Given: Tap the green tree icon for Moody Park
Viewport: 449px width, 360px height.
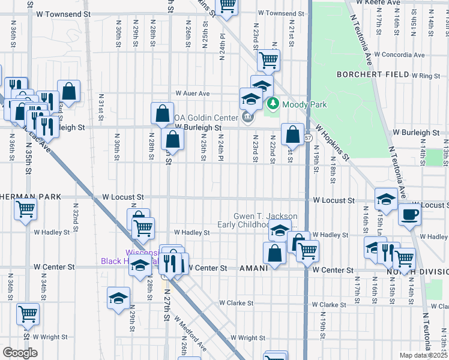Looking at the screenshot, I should pyautogui.click(x=273, y=104).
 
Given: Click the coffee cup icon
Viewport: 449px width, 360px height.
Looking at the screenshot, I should pyautogui.click(x=409, y=214).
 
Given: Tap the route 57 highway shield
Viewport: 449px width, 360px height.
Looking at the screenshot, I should pyautogui.click(x=307, y=137).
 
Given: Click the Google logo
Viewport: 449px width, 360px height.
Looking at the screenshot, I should pyautogui.click(x=20, y=353).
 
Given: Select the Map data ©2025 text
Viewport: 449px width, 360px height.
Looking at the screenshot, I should pyautogui.click(x=424, y=355).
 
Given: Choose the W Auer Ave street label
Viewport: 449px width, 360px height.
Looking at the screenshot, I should pyautogui.click(x=192, y=94).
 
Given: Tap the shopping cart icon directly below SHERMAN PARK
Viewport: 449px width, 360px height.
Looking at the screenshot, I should pyautogui.click(x=26, y=210).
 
